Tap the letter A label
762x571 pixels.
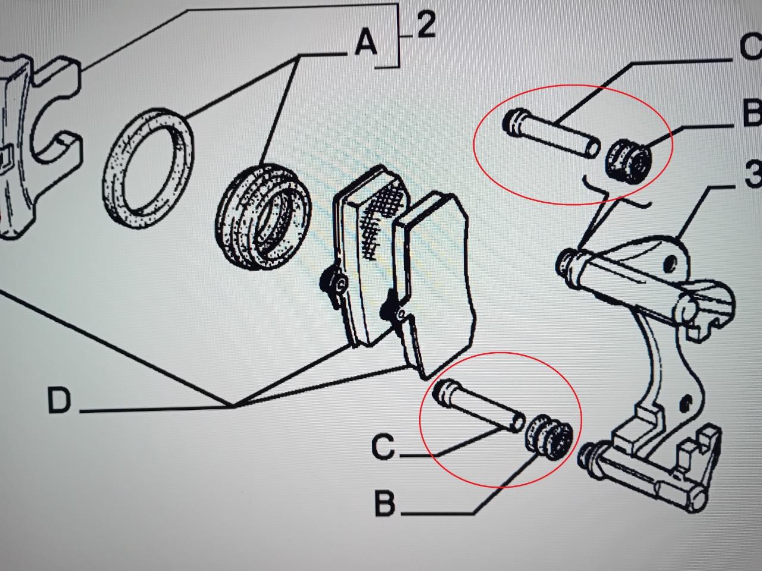coord(366,44)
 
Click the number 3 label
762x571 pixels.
coord(752,176)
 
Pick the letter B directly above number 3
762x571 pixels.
coord(752,113)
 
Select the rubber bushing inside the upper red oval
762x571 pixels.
coord(629,160)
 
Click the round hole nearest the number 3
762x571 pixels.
coord(670,261)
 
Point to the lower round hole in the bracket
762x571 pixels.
coord(688,404)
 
